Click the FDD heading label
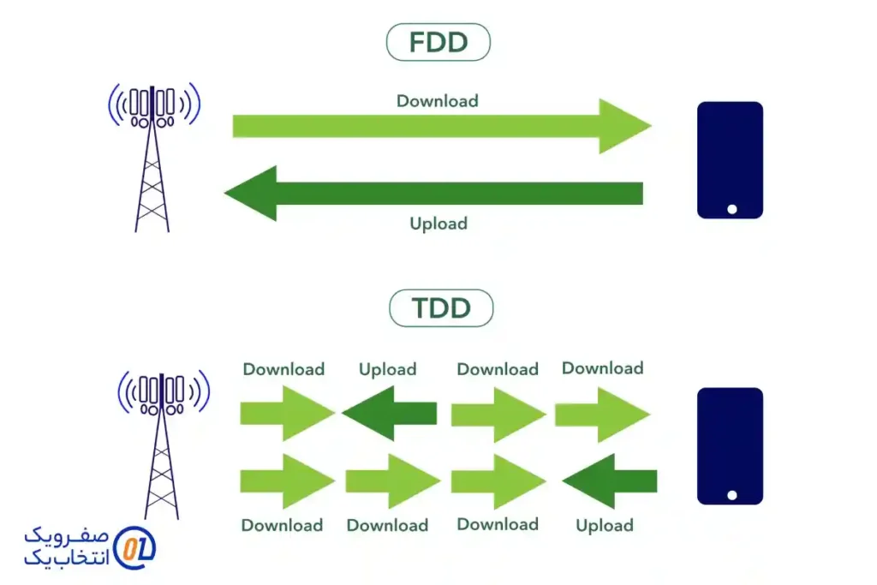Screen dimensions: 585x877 coord(438,42)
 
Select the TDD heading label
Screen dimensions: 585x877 coord(441,308)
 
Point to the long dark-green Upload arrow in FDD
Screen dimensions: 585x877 coord(445,194)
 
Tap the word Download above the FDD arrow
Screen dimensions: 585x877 coord(437,101)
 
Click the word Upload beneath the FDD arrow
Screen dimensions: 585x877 coord(438,224)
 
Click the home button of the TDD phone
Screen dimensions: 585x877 coord(731,495)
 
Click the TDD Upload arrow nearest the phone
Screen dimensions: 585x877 coord(609,481)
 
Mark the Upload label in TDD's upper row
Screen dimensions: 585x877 coord(388,370)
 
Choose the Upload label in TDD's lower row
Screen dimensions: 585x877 coord(605,526)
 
